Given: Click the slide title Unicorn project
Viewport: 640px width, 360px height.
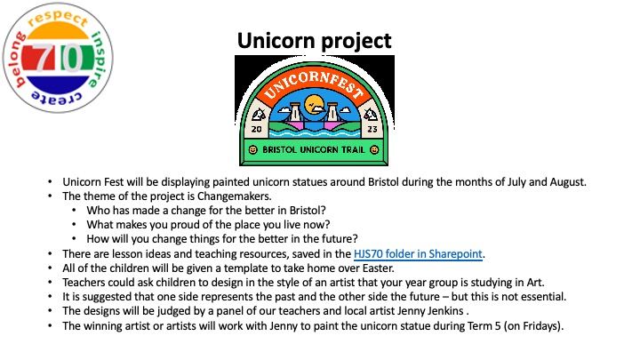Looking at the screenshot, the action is pyautogui.click(x=315, y=41).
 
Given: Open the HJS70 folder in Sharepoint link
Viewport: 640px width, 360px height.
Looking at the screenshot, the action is pyautogui.click(x=418, y=254).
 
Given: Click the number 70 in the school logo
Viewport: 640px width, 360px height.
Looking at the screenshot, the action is pyautogui.click(x=58, y=58).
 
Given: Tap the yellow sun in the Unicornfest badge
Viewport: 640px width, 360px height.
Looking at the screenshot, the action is pyautogui.click(x=314, y=105).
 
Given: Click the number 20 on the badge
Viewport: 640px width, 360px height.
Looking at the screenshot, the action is pyautogui.click(x=256, y=130).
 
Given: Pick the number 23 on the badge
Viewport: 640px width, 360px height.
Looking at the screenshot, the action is pyautogui.click(x=372, y=130).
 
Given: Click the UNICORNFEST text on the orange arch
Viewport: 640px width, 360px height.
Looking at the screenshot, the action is pyautogui.click(x=314, y=85).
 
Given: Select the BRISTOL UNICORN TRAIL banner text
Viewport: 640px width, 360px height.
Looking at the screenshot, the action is pyautogui.click(x=314, y=150).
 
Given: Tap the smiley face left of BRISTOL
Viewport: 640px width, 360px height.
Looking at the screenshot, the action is pyautogui.click(x=253, y=150).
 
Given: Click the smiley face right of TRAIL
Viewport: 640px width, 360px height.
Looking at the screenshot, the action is pyautogui.click(x=374, y=150).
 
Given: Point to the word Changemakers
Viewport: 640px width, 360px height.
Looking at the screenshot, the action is pyautogui.click(x=234, y=196).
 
